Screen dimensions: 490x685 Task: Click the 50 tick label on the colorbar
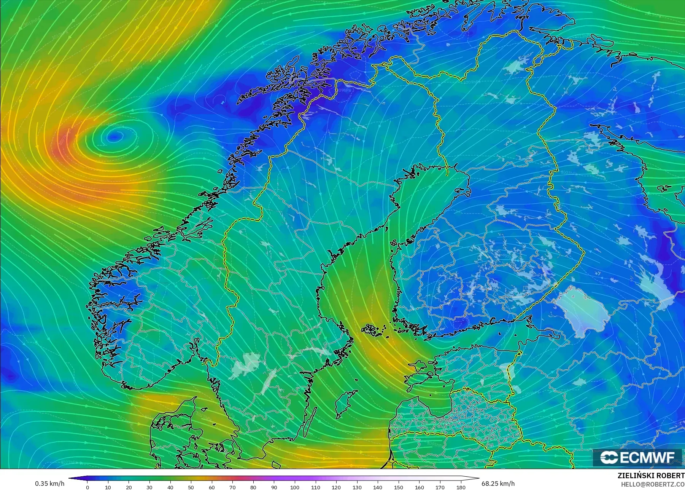tap(191, 487)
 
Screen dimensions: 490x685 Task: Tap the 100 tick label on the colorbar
tap(294, 487)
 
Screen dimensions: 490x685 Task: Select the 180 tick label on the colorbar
tap(461, 487)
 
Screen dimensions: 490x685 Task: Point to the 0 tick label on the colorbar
tap(87, 487)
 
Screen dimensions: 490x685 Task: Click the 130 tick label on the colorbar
tap(357, 487)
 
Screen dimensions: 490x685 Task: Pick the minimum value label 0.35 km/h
tap(49, 484)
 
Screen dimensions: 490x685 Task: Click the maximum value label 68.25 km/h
tap(498, 484)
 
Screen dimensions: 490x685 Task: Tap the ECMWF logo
tap(637, 457)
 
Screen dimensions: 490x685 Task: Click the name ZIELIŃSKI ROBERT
tap(651, 476)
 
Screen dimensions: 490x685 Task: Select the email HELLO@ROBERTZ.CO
tap(653, 484)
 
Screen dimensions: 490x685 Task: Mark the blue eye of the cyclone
tap(114, 136)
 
